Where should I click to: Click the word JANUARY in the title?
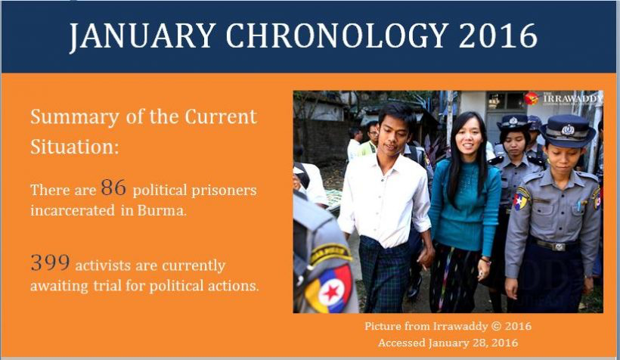[x=142, y=36]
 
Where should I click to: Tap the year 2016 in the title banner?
[x=498, y=36]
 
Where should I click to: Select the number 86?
[x=113, y=188]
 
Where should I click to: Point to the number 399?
[x=50, y=262]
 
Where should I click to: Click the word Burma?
[x=162, y=210]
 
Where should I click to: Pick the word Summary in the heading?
[x=74, y=117]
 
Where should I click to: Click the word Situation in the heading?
[x=75, y=147]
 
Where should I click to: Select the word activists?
[x=103, y=265]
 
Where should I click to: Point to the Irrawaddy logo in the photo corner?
[x=563, y=98]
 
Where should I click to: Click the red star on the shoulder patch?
[x=331, y=292]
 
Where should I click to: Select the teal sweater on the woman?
[x=465, y=206]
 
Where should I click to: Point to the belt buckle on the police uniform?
[x=558, y=247]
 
